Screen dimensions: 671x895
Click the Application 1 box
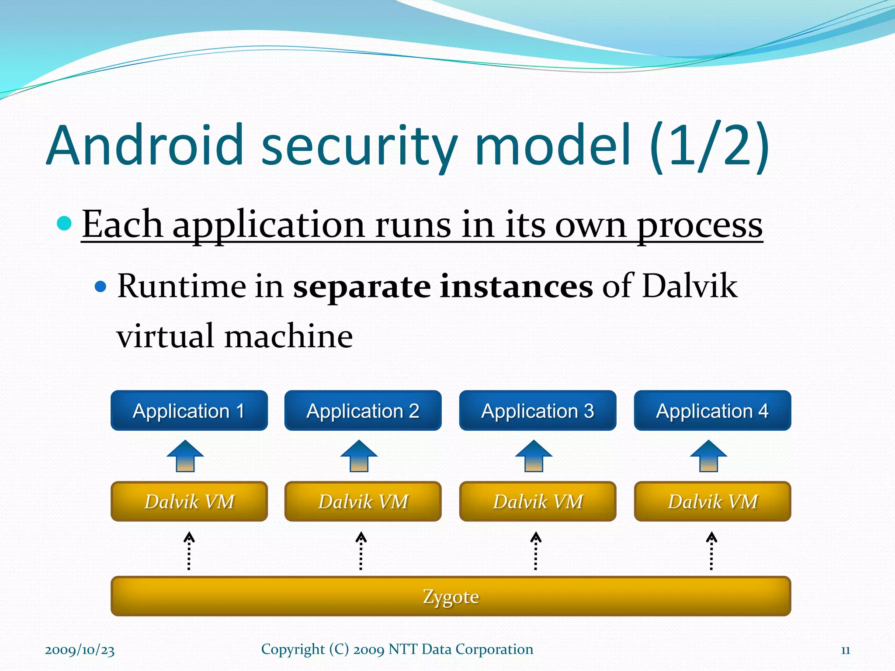point(189,411)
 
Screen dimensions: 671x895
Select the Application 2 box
point(363,411)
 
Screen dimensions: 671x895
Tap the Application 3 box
point(538,411)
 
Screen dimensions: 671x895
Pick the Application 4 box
point(712,411)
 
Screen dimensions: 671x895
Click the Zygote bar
point(451,596)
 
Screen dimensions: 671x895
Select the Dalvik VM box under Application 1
point(189,502)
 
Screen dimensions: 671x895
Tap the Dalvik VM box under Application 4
point(712,502)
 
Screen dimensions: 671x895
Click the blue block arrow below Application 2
point(359,456)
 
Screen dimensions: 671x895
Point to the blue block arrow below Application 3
point(534,456)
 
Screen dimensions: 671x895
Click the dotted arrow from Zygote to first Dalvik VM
point(189,551)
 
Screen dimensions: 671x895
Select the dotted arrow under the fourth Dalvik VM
point(711,551)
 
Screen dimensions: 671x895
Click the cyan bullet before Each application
point(64,223)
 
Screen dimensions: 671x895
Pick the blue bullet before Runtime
point(101,287)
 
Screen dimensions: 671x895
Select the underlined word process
point(699,225)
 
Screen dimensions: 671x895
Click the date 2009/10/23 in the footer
point(80,650)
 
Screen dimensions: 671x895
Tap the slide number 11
point(845,650)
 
